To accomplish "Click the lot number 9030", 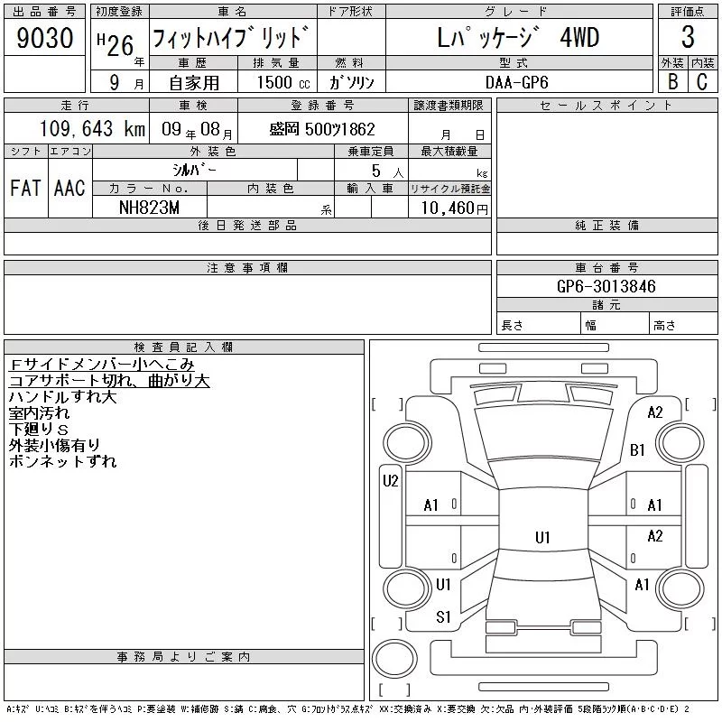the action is (x=44, y=38).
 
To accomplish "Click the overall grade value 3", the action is (x=688, y=37).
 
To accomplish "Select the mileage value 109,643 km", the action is (x=92, y=129).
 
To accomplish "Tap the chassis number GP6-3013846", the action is (x=606, y=286).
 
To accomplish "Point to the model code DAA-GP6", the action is (x=516, y=82).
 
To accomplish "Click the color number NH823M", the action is (x=149, y=208).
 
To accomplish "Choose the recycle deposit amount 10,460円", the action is (x=454, y=208).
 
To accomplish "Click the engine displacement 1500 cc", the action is (x=283, y=82).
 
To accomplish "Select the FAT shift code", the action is (x=25, y=188).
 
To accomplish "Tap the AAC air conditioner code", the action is (x=69, y=188).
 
